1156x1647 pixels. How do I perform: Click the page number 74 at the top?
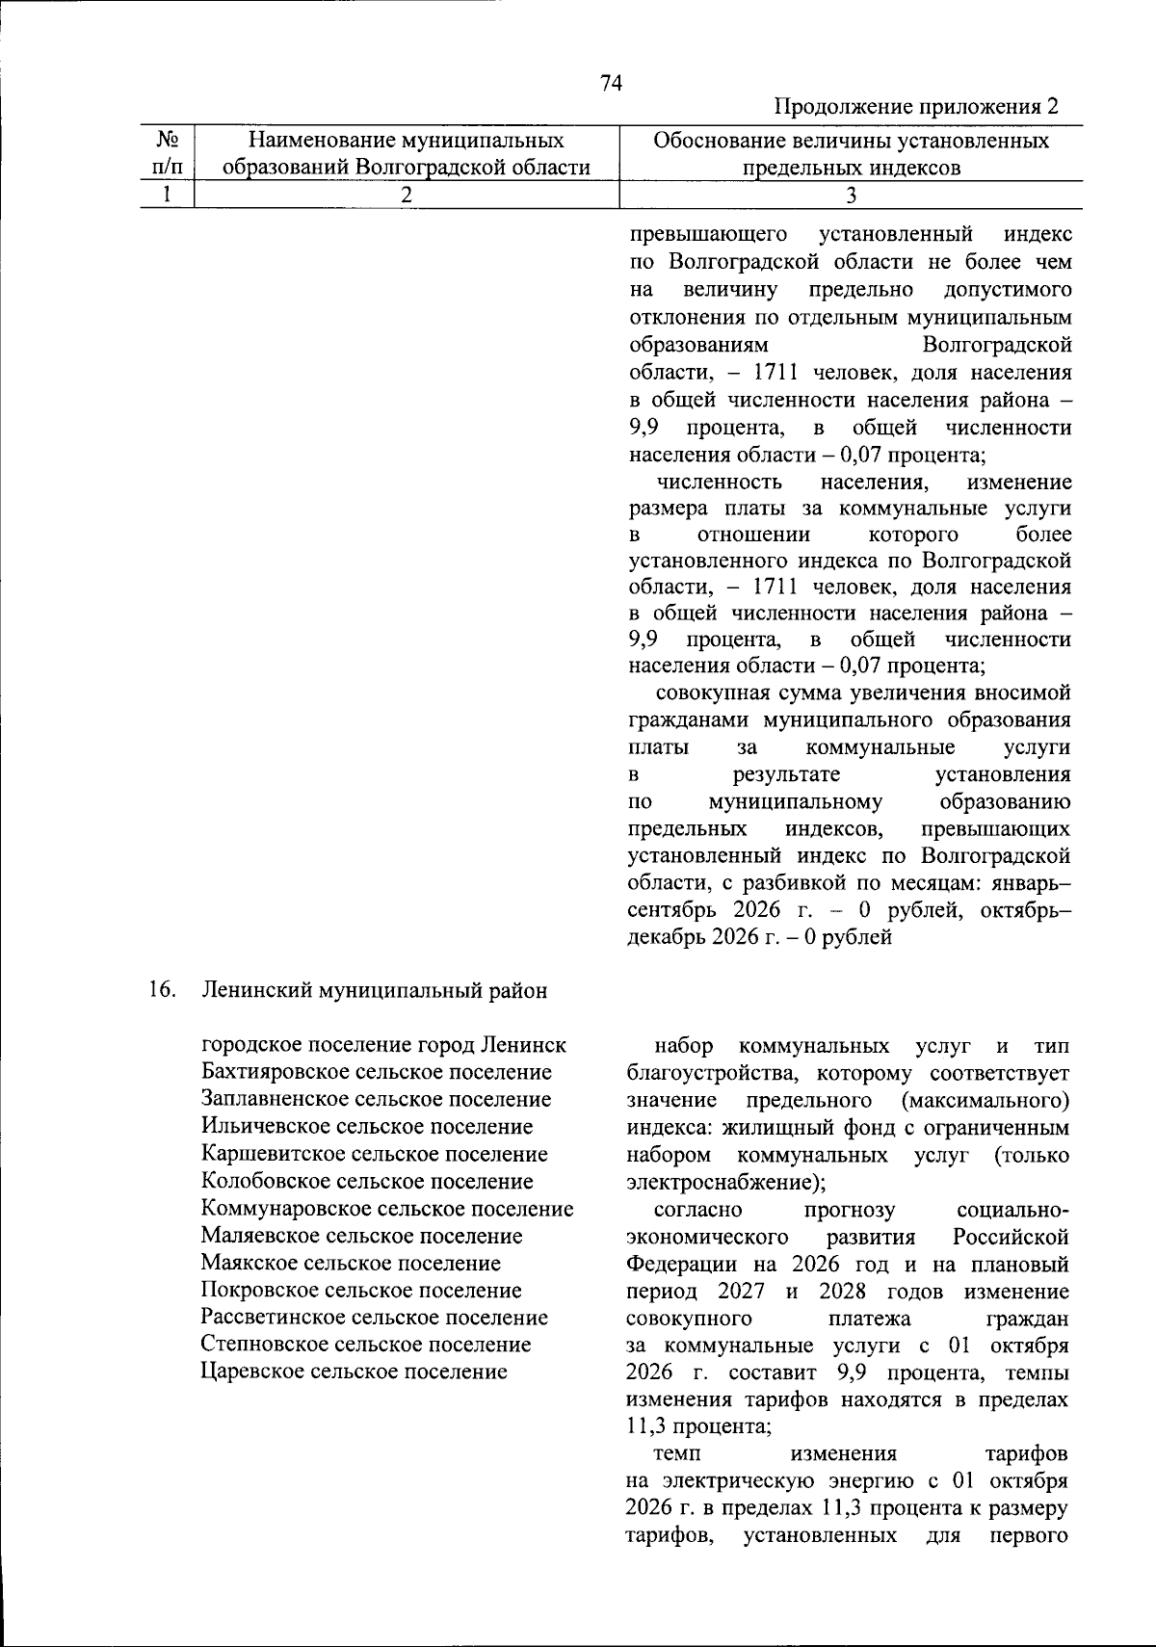611,84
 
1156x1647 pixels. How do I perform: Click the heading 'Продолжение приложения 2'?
916,106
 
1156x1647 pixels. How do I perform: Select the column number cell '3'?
850,195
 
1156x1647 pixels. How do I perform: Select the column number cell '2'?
406,195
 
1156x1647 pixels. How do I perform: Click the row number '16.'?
162,989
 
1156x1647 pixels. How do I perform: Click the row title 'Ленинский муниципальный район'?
374,990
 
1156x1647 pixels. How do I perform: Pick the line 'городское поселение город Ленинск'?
383,1045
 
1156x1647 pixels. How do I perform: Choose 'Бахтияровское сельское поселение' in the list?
376,1072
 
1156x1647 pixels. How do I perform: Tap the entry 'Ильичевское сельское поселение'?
366,1126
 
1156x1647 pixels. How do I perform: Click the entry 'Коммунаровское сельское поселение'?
386,1208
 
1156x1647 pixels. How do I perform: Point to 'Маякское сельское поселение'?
351,1263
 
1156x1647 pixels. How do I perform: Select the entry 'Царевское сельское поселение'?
354,1372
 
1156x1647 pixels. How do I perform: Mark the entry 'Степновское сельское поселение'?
366,1344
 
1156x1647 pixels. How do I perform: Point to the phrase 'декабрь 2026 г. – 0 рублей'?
759,936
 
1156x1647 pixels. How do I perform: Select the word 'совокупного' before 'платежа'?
688,1317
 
